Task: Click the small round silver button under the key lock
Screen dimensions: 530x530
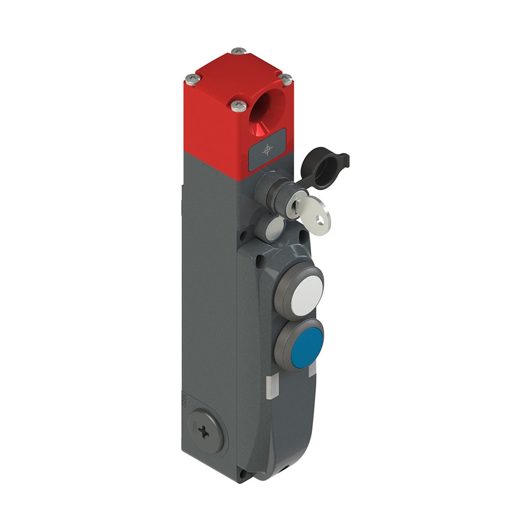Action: (x=274, y=228)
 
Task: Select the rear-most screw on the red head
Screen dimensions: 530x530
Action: (x=239, y=50)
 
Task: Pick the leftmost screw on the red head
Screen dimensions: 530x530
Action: (x=193, y=79)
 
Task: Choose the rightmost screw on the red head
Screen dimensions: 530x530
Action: (x=286, y=79)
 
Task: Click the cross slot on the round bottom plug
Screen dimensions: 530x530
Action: (x=204, y=432)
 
